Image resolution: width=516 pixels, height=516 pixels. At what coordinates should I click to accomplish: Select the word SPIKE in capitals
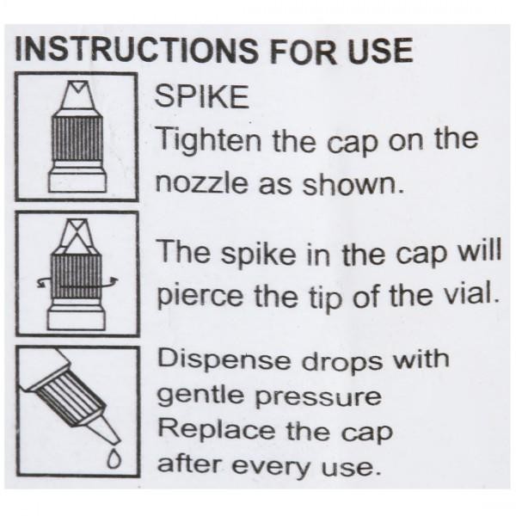202,96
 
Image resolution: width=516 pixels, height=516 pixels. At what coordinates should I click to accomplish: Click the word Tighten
209,140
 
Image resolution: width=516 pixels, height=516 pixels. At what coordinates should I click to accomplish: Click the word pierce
200,295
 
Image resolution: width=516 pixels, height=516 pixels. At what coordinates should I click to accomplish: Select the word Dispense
224,360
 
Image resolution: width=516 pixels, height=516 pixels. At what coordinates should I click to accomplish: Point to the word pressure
318,398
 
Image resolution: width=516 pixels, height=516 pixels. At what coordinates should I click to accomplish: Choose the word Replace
216,429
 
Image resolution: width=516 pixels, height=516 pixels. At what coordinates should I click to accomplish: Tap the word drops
342,359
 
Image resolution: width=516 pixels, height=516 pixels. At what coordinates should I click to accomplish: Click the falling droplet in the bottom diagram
114,458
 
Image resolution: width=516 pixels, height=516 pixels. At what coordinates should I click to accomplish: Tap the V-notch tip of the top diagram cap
77,87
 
